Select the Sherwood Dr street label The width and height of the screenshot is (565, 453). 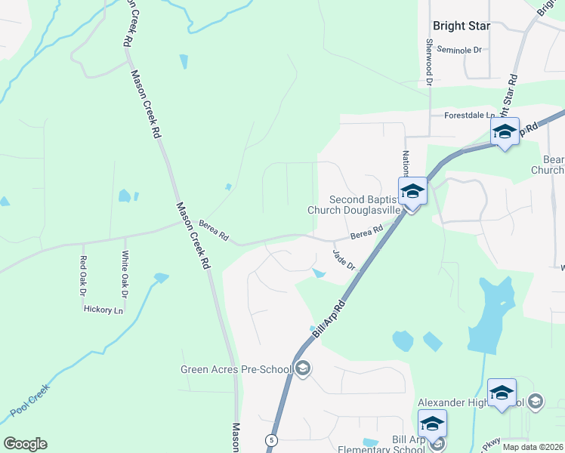click(x=429, y=60)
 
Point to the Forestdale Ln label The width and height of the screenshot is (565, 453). click(x=469, y=116)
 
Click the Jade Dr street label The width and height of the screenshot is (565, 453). click(x=344, y=260)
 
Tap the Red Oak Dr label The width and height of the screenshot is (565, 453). click(x=83, y=275)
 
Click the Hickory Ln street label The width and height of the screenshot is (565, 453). click(x=103, y=310)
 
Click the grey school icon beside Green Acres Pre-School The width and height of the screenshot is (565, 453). click(x=303, y=369)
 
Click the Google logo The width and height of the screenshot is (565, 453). click(x=25, y=444)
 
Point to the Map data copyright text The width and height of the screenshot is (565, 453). click(x=533, y=447)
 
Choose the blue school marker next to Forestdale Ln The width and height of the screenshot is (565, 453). click(x=505, y=132)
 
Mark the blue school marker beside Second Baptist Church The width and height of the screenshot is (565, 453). click(x=412, y=191)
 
